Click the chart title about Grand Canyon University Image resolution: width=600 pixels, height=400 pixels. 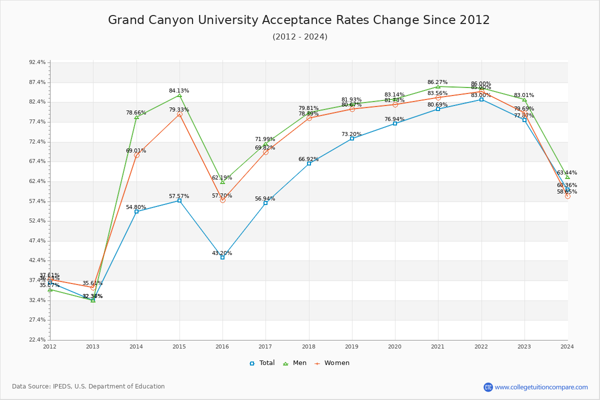coord(299,20)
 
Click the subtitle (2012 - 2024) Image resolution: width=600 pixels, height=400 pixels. coord(300,37)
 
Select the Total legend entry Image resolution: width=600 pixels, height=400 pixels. coord(262,363)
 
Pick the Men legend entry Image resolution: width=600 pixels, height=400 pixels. coord(295,363)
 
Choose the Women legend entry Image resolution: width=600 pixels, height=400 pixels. coord(332,363)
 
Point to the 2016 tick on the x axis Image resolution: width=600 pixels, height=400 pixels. coord(222,346)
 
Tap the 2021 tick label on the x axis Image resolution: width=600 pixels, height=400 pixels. coord(438,346)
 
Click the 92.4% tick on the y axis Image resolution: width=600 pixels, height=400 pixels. coord(37,62)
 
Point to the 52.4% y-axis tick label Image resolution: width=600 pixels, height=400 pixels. coord(37,221)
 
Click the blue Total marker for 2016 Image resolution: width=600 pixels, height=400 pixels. coord(222,257)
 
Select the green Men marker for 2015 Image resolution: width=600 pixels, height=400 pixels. coord(179,95)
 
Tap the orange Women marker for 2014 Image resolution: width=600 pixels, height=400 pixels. coord(136,155)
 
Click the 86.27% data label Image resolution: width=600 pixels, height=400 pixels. coord(437,82)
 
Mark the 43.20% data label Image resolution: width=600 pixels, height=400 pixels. coord(222,253)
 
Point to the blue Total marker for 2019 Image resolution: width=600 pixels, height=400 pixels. coord(352,138)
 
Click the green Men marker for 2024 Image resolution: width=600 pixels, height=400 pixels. coord(567,177)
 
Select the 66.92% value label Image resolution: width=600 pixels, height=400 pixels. coord(308,159)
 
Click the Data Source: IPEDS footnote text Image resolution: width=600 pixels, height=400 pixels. coord(88,386)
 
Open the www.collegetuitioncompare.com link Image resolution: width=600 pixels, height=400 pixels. coord(541,387)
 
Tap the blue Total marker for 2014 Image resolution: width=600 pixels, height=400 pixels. coord(136,211)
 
